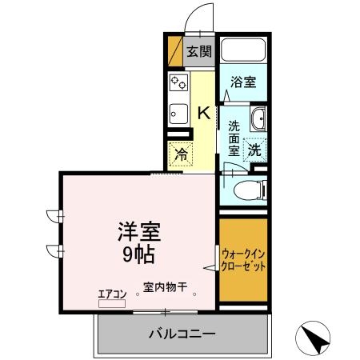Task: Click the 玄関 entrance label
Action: [x=199, y=52]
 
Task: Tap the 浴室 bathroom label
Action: [x=243, y=82]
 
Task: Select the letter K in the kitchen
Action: [x=204, y=113]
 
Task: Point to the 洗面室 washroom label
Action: [x=234, y=138]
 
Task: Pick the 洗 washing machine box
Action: [x=254, y=148]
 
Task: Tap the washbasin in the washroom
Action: [x=258, y=122]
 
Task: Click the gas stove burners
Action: [x=178, y=83]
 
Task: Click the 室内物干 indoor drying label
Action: [x=165, y=287]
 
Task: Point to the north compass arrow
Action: [x=314, y=338]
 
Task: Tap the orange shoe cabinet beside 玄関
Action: [x=174, y=50]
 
